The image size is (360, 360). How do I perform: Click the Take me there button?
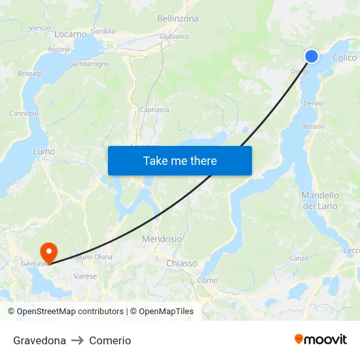pyautogui.click(x=180, y=160)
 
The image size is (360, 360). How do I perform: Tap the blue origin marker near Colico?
pyautogui.click(x=312, y=56)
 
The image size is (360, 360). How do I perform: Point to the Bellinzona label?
pyautogui.click(x=177, y=19)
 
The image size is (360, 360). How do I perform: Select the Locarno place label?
pyautogui.click(x=71, y=34)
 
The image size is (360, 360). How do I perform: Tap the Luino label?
pyautogui.click(x=44, y=151)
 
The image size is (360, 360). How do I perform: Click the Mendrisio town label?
pyautogui.click(x=162, y=239)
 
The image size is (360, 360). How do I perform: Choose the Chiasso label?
pyautogui.click(x=181, y=263)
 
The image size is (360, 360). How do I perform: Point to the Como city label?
pyautogui.click(x=207, y=280)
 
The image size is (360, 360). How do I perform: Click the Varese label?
pyautogui.click(x=85, y=276)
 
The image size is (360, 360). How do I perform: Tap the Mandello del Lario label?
pyautogui.click(x=320, y=200)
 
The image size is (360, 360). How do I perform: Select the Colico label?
pyautogui.click(x=344, y=58)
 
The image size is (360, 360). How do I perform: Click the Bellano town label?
pyautogui.click(x=312, y=126)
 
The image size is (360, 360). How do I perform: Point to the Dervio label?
pyautogui.click(x=313, y=103)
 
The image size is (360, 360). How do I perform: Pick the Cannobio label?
pyautogui.click(x=24, y=113)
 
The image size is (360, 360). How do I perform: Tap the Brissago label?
pyautogui.click(x=31, y=74)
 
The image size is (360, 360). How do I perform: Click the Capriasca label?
pyautogui.click(x=154, y=110)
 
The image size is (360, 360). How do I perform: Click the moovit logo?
pyautogui.click(x=320, y=340)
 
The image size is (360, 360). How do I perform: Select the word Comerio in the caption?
pyautogui.click(x=110, y=340)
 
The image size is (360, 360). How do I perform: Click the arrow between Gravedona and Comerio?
pyautogui.click(x=77, y=340)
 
